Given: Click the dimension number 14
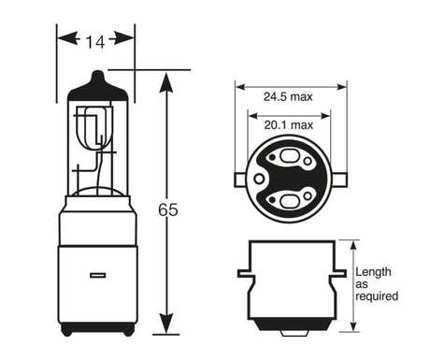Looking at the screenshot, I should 96,40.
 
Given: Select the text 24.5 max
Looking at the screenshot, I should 289,96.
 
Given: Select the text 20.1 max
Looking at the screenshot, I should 289,124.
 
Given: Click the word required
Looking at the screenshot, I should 377,296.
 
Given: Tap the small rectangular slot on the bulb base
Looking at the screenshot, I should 96,276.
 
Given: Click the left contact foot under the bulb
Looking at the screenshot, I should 67,330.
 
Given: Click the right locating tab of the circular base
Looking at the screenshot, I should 341,177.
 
